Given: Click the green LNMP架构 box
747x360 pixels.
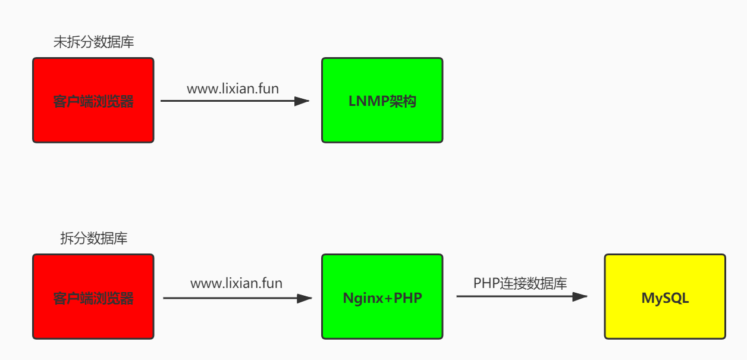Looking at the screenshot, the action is (382, 100).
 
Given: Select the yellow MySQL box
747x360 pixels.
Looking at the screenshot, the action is (665, 296).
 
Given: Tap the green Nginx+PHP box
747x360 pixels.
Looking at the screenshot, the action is (382, 296).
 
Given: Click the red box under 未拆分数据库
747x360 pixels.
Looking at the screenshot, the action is (93, 100).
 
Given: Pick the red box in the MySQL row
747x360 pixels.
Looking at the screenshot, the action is (93, 296).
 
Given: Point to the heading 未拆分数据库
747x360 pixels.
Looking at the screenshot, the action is (94, 42).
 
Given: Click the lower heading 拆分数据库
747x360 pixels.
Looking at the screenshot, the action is (94, 238).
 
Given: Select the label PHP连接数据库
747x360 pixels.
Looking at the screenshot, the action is (520, 283).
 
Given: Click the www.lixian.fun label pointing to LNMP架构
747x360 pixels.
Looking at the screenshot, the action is (233, 89).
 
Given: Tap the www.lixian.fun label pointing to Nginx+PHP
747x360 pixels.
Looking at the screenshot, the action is (237, 283).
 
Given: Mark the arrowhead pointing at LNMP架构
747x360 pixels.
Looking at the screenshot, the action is (302, 101).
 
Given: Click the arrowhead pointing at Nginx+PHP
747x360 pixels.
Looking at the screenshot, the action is (305, 298).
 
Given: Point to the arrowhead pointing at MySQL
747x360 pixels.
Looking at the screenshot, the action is (580, 296).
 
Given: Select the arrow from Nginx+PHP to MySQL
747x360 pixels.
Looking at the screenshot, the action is (522, 296).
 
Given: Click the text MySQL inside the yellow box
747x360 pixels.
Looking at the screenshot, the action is (665, 298).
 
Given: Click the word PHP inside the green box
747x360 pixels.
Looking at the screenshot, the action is (408, 298).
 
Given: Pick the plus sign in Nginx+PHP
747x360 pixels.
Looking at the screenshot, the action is (388, 298).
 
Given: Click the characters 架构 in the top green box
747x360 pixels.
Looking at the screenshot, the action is (403, 101).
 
